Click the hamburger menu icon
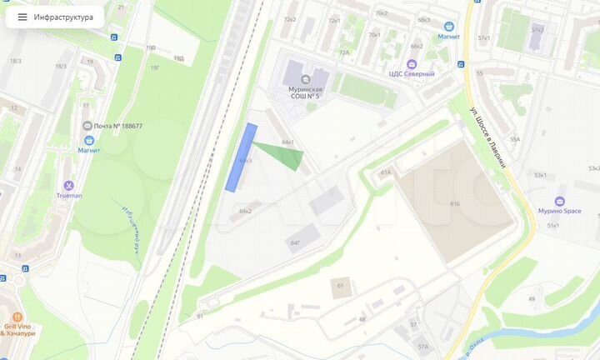22,17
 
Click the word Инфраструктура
63,17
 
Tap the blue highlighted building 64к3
242,157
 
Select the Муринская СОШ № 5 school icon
304,79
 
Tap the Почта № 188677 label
117,126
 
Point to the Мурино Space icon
559,201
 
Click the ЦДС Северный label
412,74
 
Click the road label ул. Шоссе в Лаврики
488,137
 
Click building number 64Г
295,242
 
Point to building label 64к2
245,212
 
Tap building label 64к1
287,142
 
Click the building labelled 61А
385,172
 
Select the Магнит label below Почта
89,150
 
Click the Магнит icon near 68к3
449,27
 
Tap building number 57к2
537,30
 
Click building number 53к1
540,175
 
